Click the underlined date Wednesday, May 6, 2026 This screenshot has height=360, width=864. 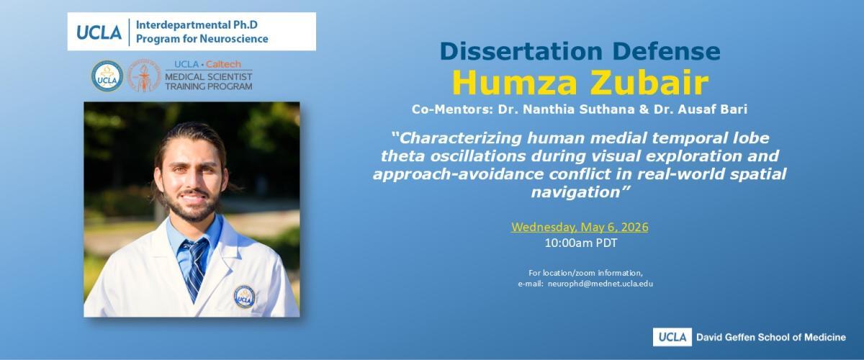point(580,227)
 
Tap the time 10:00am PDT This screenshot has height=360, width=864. point(581,243)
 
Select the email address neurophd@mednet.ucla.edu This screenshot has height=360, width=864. point(600,284)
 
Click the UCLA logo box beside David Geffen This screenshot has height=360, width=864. point(672,337)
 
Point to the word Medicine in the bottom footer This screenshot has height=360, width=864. point(824,337)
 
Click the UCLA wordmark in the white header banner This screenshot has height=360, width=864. point(99,32)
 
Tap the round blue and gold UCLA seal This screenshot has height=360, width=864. point(107,76)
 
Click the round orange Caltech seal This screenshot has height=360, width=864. point(144,76)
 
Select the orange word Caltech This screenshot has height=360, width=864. point(223,64)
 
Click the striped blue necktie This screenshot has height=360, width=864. point(195,267)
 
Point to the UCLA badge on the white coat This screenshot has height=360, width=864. point(244,297)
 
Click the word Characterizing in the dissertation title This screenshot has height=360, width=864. point(460,138)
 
